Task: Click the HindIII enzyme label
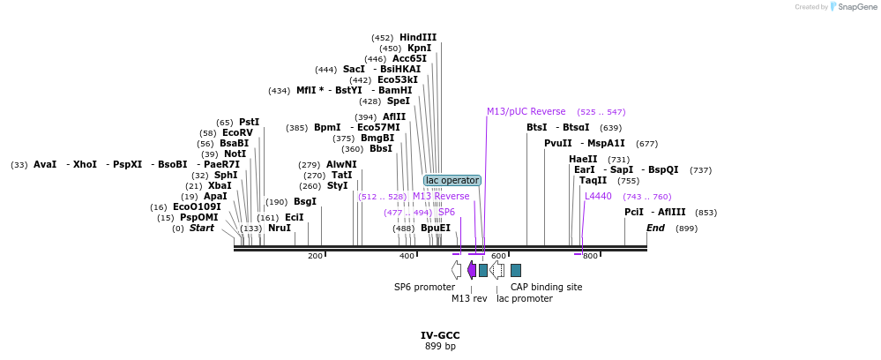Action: tap(417, 37)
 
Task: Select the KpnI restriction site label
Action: tap(419, 48)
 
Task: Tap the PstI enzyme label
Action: tap(249, 122)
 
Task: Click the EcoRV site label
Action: tap(237, 132)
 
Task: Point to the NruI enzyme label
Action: tap(279, 228)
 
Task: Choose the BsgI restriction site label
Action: tap(304, 201)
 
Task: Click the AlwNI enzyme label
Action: tap(341, 164)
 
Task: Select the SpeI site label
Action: tap(399, 101)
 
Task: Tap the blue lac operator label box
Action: tap(452, 180)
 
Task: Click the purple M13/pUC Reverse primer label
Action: tap(526, 111)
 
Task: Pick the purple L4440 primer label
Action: tap(598, 196)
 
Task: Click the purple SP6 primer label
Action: tap(446, 212)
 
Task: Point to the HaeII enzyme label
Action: tap(583, 159)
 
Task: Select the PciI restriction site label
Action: tap(634, 212)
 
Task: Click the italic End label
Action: tap(655, 228)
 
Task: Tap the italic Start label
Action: tap(201, 228)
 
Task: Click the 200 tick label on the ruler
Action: tap(315, 256)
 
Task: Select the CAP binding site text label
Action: tap(546, 287)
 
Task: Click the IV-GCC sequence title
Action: tap(440, 335)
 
